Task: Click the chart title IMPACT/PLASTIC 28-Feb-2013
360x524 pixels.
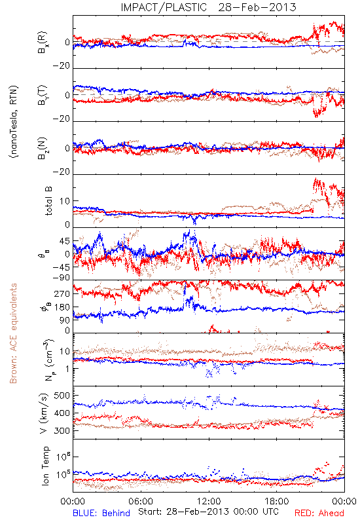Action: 208,7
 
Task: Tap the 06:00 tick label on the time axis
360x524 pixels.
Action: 141,501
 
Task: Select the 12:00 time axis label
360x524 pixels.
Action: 209,501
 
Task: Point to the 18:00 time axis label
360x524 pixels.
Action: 277,501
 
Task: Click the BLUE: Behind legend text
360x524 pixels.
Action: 101,513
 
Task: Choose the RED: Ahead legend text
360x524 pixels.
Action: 319,513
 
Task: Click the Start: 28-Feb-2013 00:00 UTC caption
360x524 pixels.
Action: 208,512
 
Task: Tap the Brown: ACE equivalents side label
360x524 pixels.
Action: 13,333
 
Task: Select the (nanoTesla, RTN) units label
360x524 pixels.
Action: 14,121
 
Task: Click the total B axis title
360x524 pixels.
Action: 48,201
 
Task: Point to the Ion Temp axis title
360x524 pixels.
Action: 45,466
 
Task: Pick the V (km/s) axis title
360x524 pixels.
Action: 44,413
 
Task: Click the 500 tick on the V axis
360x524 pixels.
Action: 62,396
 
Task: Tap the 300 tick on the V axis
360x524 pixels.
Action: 62,430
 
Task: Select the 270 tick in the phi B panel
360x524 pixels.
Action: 62,293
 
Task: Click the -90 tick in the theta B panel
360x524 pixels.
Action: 62,277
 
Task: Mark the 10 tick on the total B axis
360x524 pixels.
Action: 65,201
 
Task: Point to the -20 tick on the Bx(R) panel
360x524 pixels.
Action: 62,66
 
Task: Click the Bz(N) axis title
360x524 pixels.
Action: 43,148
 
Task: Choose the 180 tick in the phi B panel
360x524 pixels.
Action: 62,307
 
